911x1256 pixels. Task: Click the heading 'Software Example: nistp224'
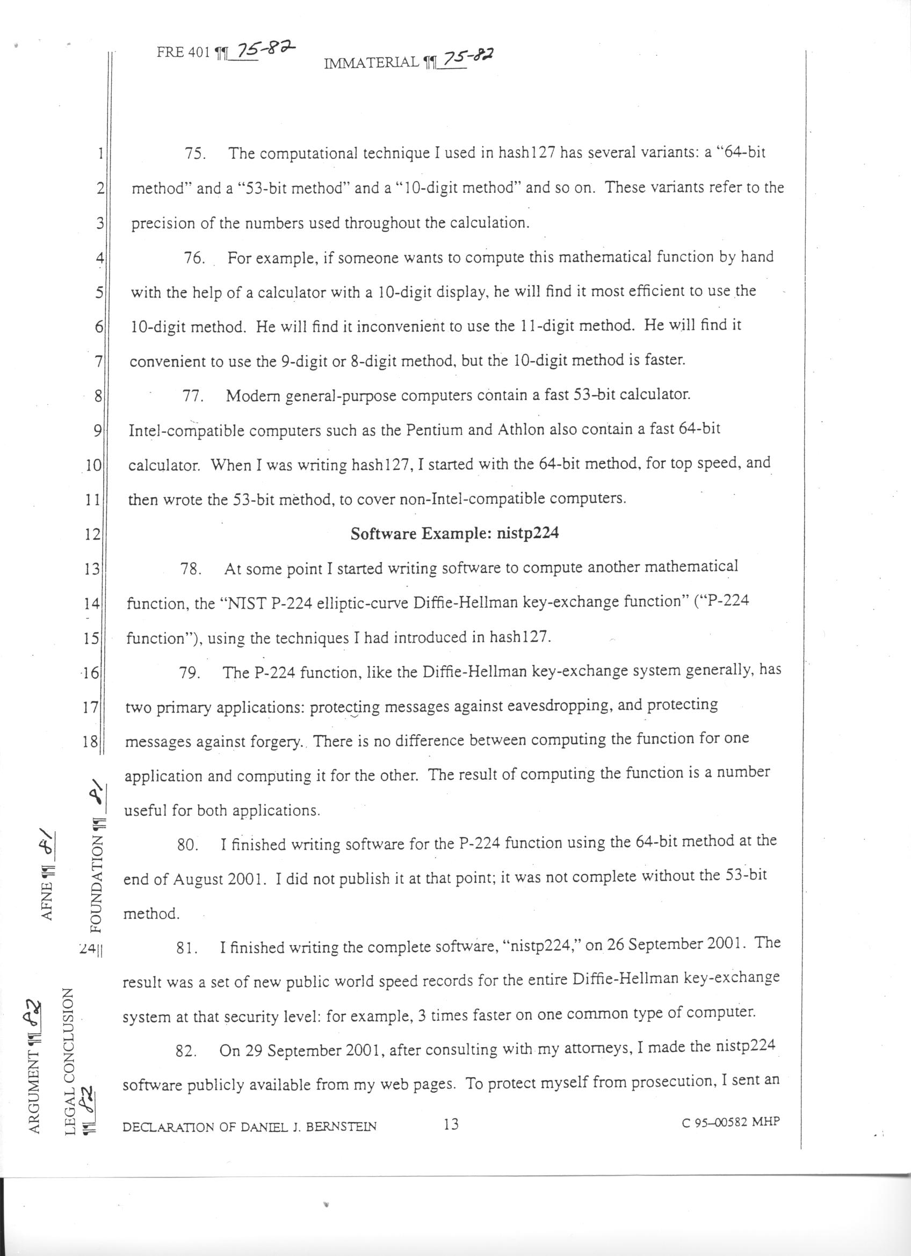click(x=454, y=534)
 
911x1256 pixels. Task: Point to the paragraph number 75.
click(x=196, y=154)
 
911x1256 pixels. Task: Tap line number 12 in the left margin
click(x=92, y=535)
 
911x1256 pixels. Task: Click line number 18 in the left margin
click(x=90, y=742)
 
